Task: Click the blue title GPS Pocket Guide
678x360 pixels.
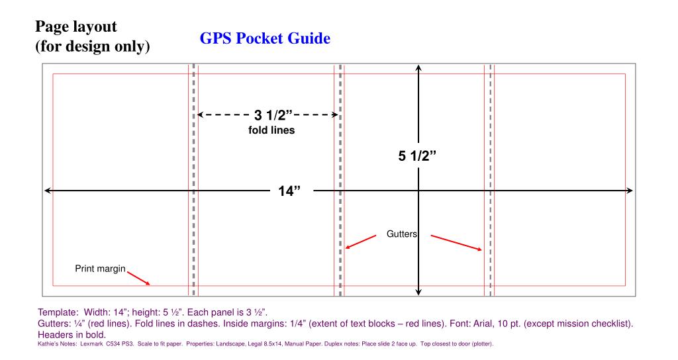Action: pyautogui.click(x=265, y=39)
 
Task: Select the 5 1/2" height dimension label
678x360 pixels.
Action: pyautogui.click(x=420, y=157)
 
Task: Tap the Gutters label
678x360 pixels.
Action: pyautogui.click(x=401, y=234)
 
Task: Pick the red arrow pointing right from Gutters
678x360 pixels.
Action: pyautogui.click(x=456, y=242)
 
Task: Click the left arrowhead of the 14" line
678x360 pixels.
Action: pyautogui.click(x=47, y=191)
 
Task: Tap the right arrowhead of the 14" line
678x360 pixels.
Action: pyautogui.click(x=629, y=191)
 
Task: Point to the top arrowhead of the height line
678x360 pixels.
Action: pyautogui.click(x=418, y=67)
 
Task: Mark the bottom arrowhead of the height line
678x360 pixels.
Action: pyautogui.click(x=418, y=291)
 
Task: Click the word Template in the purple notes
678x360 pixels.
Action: pyautogui.click(x=56, y=311)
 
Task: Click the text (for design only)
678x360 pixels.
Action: pyautogui.click(x=91, y=48)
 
